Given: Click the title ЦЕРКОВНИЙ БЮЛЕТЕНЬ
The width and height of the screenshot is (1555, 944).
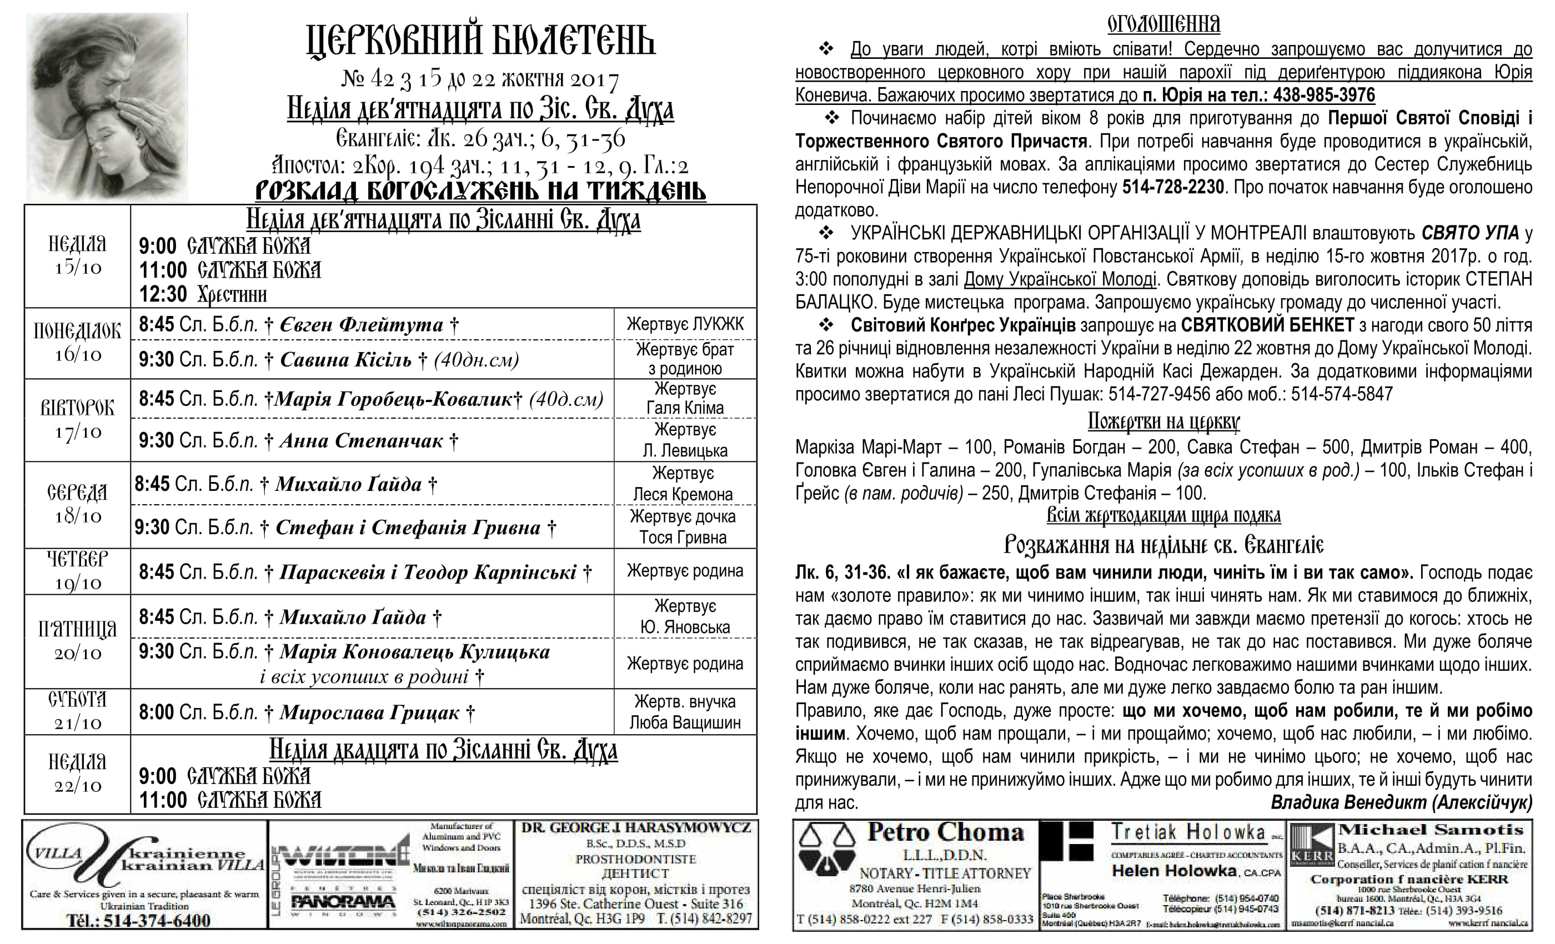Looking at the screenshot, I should [481, 41].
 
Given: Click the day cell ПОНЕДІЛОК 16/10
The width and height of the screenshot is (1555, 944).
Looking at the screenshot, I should [78, 343].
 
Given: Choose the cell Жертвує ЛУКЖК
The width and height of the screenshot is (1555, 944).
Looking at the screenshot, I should [685, 324].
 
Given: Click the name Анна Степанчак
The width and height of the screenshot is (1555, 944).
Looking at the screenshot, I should [361, 440].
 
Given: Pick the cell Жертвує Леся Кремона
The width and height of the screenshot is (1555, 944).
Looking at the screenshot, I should [683, 484].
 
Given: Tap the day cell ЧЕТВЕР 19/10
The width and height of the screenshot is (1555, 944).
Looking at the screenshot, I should [78, 571].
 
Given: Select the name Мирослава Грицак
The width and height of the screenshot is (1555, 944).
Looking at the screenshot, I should [369, 712].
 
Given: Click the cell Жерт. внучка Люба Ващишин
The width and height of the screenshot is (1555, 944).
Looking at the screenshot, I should [685, 712].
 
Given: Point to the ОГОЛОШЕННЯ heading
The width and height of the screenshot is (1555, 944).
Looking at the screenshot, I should [1163, 24].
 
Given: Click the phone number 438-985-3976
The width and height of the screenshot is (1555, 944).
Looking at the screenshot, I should [1324, 96].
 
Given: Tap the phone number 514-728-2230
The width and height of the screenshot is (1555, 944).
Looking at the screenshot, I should [1172, 188].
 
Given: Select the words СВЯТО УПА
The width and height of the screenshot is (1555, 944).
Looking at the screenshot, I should [1470, 233].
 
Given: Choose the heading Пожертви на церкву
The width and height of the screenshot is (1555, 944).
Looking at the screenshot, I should [1163, 421].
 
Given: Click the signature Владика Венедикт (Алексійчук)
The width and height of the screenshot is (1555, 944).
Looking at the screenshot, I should [1401, 802].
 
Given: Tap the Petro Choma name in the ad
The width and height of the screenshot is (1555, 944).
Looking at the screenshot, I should [945, 832].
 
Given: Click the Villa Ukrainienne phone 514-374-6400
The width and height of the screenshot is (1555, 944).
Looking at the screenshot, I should [139, 921].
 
